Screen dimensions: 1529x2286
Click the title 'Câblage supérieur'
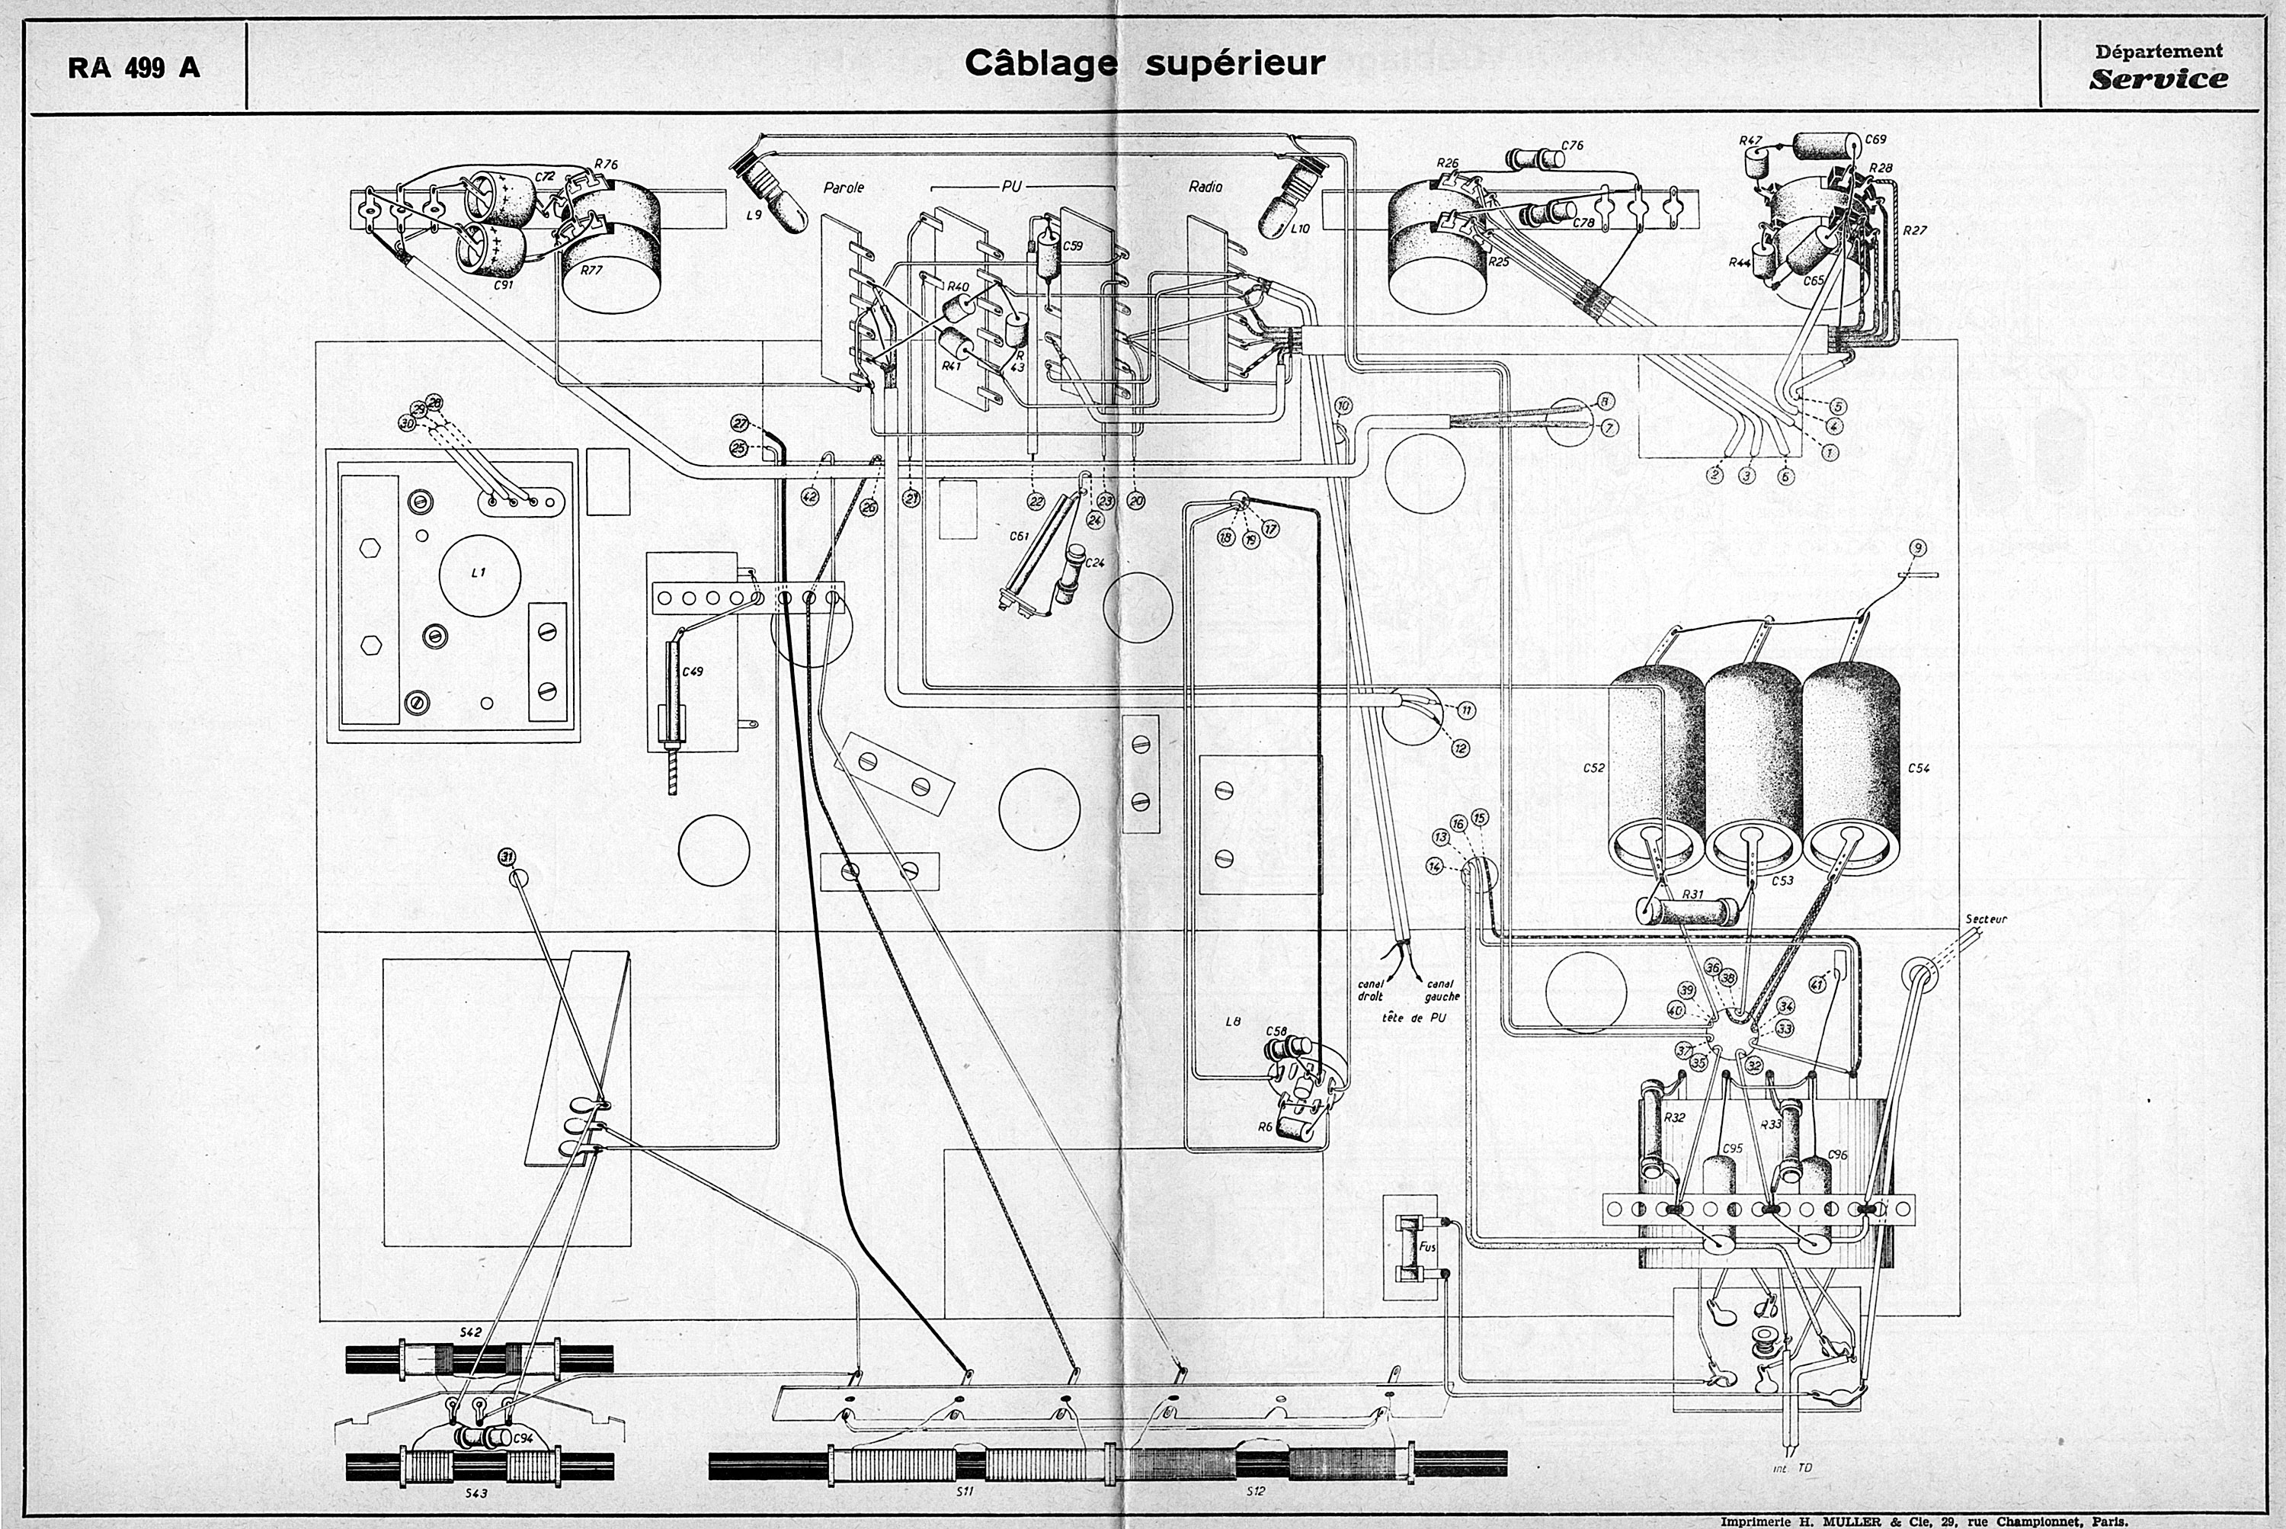(1145, 63)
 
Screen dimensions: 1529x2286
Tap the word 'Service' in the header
(2157, 80)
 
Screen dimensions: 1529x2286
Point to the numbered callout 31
(506, 856)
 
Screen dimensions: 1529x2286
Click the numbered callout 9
(1917, 548)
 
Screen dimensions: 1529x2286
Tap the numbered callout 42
(809, 496)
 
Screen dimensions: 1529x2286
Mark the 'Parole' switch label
(844, 188)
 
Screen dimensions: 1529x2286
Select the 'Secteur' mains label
(1986, 918)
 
